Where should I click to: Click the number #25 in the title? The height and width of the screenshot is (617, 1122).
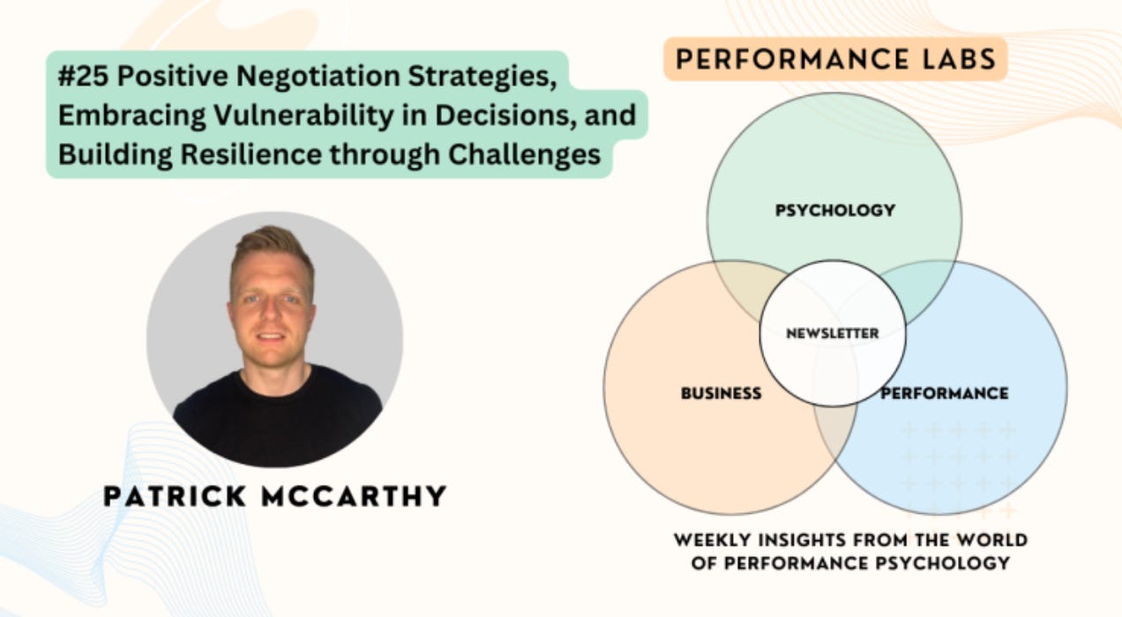pos(84,75)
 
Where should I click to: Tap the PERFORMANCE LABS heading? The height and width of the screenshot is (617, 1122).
pos(834,59)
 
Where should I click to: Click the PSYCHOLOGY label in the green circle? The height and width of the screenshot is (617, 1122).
pos(834,210)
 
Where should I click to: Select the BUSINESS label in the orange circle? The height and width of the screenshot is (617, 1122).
pos(721,393)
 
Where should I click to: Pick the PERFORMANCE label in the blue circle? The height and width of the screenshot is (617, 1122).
pos(944,393)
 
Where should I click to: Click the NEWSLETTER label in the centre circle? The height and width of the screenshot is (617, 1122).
pos(833,333)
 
